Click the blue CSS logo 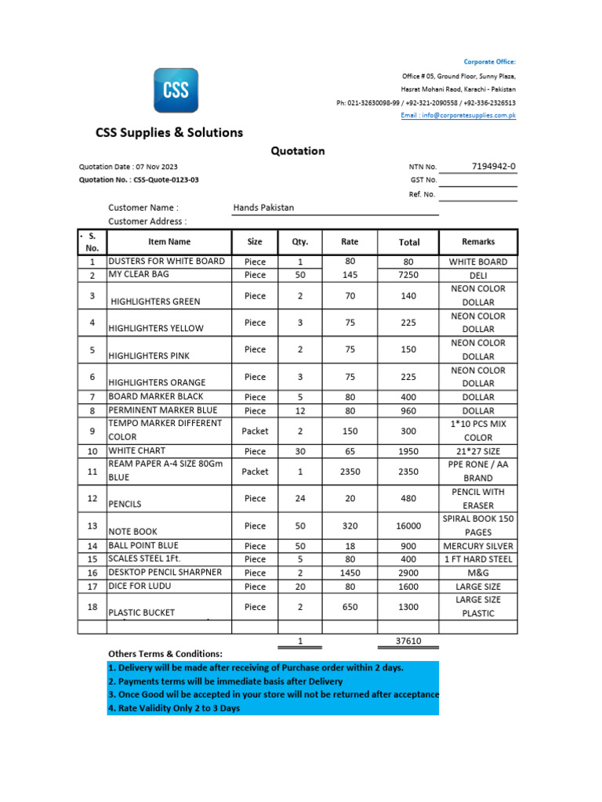tap(176, 90)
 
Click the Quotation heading tap(298, 150)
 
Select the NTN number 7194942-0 tap(494, 166)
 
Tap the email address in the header tap(458, 115)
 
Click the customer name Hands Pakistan tap(264, 208)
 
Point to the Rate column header tap(350, 242)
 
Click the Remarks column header tap(478, 242)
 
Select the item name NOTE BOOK tap(133, 531)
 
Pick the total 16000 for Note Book tap(408, 526)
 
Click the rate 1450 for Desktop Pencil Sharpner tap(350, 573)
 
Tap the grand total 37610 tap(408, 641)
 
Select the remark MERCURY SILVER tap(478, 546)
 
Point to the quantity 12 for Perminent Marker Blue tap(300, 410)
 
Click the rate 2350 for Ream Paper tap(350, 471)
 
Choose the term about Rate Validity tap(174, 708)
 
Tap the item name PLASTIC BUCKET tap(142, 612)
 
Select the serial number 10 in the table tap(92, 452)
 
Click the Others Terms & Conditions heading tap(165, 653)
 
